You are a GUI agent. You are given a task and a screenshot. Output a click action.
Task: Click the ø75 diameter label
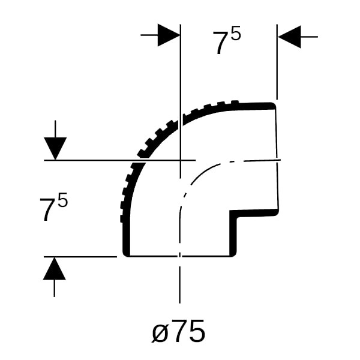pos(178,331)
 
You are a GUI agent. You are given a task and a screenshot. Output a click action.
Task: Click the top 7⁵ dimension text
pos(227,40)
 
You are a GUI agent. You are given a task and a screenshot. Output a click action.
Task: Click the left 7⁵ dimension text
pos(54,206)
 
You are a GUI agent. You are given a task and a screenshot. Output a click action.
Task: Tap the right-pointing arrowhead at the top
pos(169,35)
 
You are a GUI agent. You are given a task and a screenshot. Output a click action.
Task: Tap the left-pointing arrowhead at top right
pos(289,37)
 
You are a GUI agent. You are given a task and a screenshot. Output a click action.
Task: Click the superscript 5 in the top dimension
pos(236,33)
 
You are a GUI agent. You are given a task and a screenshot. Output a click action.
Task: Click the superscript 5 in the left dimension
pos(63,200)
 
